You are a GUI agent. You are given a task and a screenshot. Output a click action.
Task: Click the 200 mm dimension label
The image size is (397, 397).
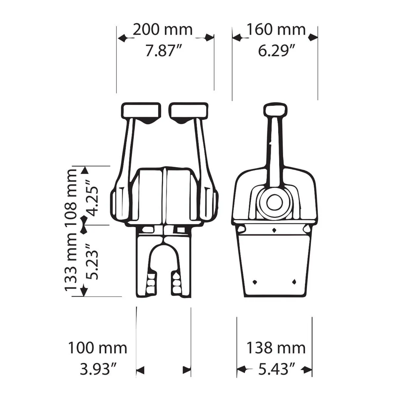[x=162, y=30]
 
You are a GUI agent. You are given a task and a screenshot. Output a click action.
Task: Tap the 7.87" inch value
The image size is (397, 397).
[x=162, y=51]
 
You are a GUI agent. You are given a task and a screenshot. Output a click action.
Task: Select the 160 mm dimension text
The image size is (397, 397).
[x=276, y=30]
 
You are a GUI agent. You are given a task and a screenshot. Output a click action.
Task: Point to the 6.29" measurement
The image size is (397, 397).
[x=276, y=51]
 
